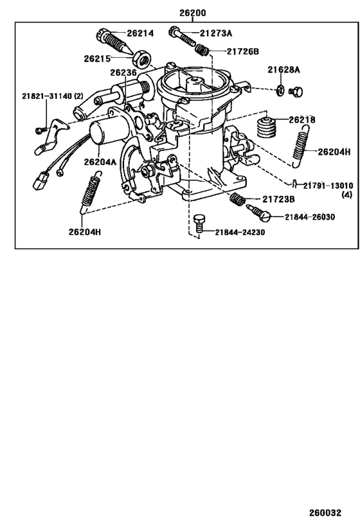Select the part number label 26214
tap(139, 33)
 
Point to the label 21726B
tap(241, 51)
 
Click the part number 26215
tap(97, 58)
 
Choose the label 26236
tap(123, 74)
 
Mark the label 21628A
tap(284, 69)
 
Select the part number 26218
tap(301, 120)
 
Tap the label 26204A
tap(100, 162)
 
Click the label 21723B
tap(278, 200)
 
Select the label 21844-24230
tap(239, 232)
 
